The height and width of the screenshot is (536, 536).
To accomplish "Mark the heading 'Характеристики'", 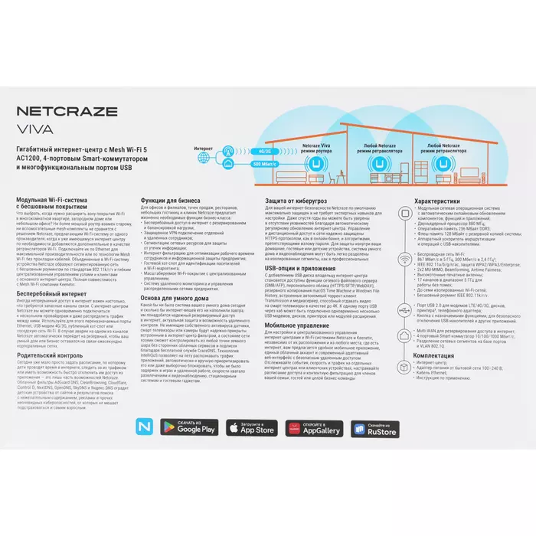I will pyautogui.click(x=442, y=201).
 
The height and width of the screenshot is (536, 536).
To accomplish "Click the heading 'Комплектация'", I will pyautogui.click(x=439, y=355).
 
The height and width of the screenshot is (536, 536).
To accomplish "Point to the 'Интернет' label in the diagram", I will pyautogui.click(x=204, y=147).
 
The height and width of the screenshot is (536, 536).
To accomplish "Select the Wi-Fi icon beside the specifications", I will pyautogui.click(x=405, y=260).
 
